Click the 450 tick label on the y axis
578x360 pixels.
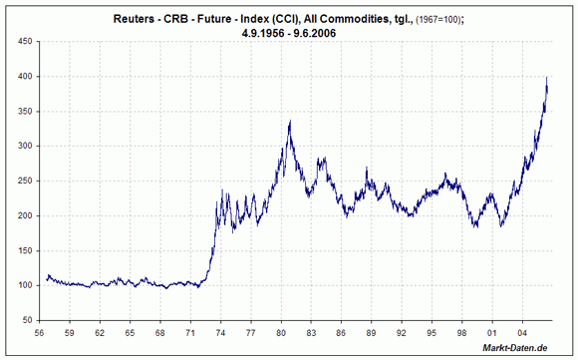pyautogui.click(x=23, y=42)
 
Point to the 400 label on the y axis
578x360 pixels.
pyautogui.click(x=23, y=77)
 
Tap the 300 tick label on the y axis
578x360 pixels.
pyautogui.click(x=23, y=147)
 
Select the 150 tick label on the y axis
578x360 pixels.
pyautogui.click(x=23, y=251)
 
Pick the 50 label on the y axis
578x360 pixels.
pyautogui.click(x=26, y=321)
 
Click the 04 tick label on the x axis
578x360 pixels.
pyautogui.click(x=521, y=332)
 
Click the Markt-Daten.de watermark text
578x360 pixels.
pyautogui.click(x=514, y=348)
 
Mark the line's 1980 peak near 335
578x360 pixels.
pyautogui.click(x=289, y=122)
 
